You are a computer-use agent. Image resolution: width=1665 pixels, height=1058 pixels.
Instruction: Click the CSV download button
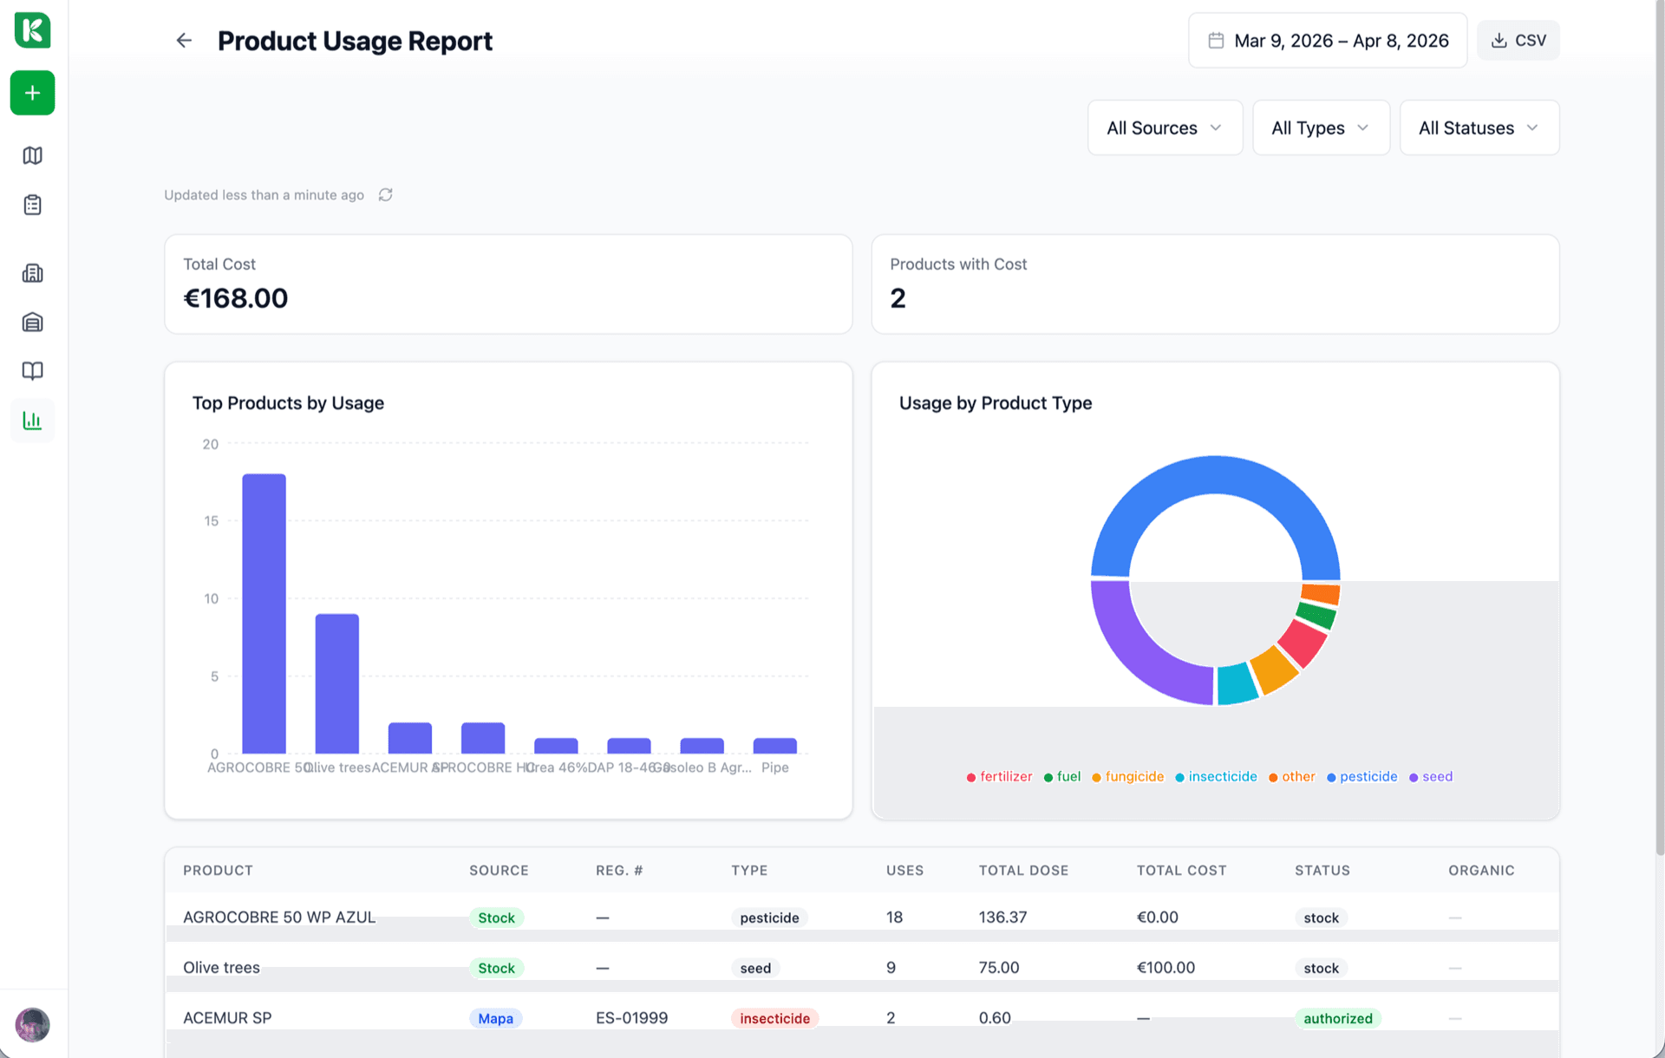point(1518,41)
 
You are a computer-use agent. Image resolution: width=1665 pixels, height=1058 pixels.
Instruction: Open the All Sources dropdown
point(1165,127)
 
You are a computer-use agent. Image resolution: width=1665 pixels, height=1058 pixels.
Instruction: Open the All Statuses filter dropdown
point(1479,127)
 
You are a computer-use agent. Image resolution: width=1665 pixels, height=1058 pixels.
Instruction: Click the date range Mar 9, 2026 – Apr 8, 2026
point(1328,41)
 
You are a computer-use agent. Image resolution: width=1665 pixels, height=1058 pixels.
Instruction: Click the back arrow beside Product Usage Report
point(184,41)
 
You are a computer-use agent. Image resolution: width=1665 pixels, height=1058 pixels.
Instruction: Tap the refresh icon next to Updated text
point(386,195)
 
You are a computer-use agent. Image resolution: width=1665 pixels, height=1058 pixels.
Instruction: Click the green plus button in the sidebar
point(33,93)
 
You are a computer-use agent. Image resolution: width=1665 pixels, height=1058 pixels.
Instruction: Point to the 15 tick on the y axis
point(211,521)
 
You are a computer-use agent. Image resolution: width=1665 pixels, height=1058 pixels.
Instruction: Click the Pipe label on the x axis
point(774,767)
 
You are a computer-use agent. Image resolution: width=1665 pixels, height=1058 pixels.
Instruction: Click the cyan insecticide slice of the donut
point(1236,683)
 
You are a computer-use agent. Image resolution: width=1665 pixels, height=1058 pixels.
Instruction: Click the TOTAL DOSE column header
point(1023,871)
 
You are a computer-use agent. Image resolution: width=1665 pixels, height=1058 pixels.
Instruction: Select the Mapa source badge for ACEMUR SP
point(495,1018)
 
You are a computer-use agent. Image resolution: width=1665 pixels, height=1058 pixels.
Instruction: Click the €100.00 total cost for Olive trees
point(1165,968)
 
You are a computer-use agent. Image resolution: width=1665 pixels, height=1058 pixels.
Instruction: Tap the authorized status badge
point(1337,1018)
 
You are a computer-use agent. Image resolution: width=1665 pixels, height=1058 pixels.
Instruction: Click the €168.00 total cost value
point(236,298)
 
